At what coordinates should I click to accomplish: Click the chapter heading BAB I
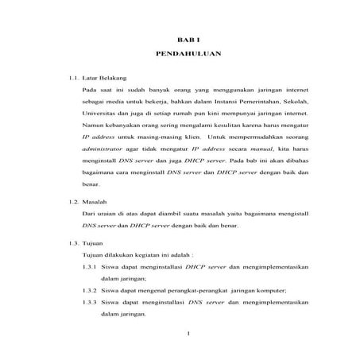[x=184, y=38]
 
